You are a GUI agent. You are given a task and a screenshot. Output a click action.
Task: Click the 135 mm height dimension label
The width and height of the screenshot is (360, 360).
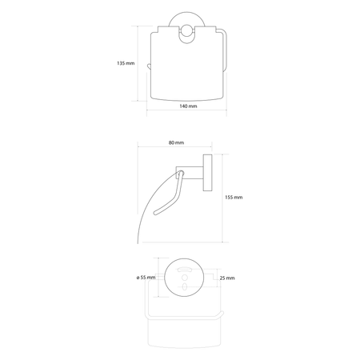coord(126,63)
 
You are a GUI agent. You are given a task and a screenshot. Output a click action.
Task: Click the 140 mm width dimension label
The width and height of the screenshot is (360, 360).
coord(188,106)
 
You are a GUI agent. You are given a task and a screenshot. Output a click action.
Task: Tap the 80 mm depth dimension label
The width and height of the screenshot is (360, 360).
coord(176,142)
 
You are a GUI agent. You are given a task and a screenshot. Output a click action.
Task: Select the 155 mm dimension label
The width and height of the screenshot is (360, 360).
coord(234,198)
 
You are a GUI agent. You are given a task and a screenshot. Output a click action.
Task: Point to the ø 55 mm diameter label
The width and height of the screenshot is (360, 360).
coord(146,278)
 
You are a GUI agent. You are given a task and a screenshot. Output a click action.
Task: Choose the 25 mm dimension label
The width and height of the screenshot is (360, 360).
coord(227,278)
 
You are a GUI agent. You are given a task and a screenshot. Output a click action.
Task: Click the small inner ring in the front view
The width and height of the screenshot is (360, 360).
coord(186,34)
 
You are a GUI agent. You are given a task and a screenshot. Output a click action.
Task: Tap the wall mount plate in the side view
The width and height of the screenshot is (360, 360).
coord(207,173)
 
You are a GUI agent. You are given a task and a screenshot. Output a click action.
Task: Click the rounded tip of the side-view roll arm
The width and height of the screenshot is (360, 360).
coord(156,213)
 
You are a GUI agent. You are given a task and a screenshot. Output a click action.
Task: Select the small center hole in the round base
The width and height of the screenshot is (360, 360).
coord(184,278)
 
